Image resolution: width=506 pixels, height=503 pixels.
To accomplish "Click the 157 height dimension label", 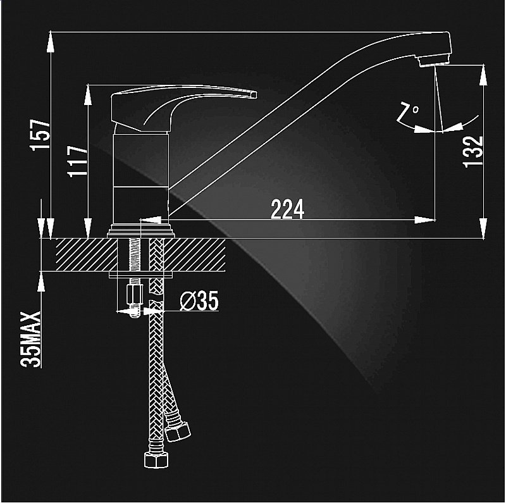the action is coord(40,135).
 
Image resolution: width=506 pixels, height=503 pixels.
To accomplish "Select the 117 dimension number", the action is coord(77,161).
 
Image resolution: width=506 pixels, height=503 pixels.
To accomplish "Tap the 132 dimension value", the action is coord(473,152).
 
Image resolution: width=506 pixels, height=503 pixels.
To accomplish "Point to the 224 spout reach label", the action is coord(287,209).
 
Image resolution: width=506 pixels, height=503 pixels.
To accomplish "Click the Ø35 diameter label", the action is coord(199,301).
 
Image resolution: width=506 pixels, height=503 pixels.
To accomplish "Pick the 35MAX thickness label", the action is coord(31,339).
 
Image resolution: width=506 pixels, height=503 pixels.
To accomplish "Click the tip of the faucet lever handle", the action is coord(254,94).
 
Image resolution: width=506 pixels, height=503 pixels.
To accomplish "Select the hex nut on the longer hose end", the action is coord(156,459).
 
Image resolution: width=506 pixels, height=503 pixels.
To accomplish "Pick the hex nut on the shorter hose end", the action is coord(178,431).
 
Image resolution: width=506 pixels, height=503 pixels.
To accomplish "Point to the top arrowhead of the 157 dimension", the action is coord(51,42).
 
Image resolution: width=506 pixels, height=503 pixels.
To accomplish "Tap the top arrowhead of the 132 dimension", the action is coord(483,75).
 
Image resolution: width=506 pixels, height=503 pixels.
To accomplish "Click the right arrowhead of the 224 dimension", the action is coord(425,220).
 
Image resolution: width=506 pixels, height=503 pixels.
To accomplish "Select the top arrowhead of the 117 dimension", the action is coord(88,96).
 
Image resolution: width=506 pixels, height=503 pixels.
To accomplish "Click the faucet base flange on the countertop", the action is coord(140,231).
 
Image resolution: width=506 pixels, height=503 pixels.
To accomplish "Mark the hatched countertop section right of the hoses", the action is coord(194,255).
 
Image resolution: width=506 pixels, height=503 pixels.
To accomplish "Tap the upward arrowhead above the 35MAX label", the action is coord(41,282).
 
